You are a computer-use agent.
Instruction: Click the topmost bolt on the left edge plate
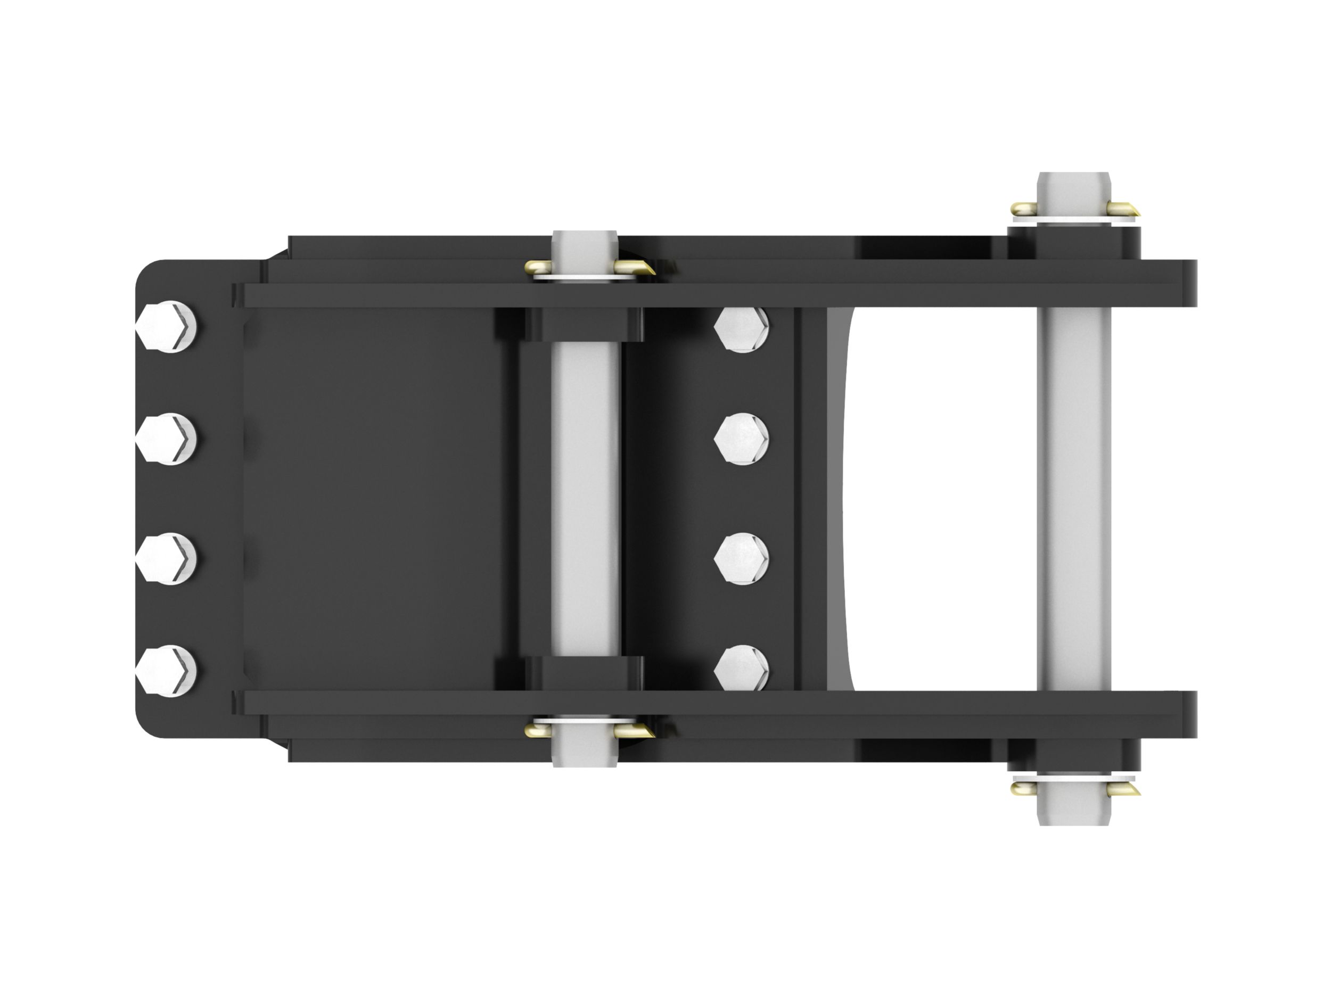167,327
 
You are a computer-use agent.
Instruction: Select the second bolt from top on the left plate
167,439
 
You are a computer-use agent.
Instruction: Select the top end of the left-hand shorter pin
585,244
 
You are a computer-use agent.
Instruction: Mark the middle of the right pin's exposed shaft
1074,499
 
